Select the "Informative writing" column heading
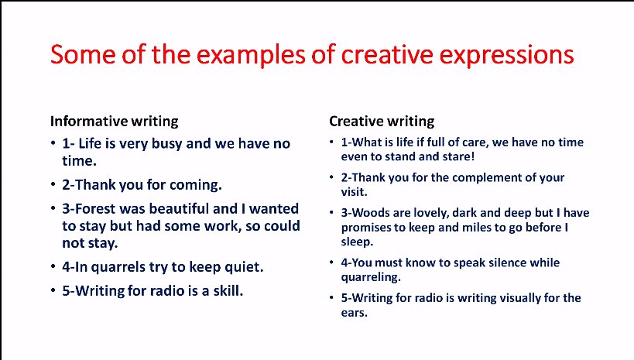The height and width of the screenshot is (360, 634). click(x=114, y=121)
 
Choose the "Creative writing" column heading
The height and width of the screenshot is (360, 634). click(x=382, y=121)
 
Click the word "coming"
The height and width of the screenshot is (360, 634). click(x=196, y=185)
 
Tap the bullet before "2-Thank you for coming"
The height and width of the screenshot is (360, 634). click(x=52, y=185)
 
